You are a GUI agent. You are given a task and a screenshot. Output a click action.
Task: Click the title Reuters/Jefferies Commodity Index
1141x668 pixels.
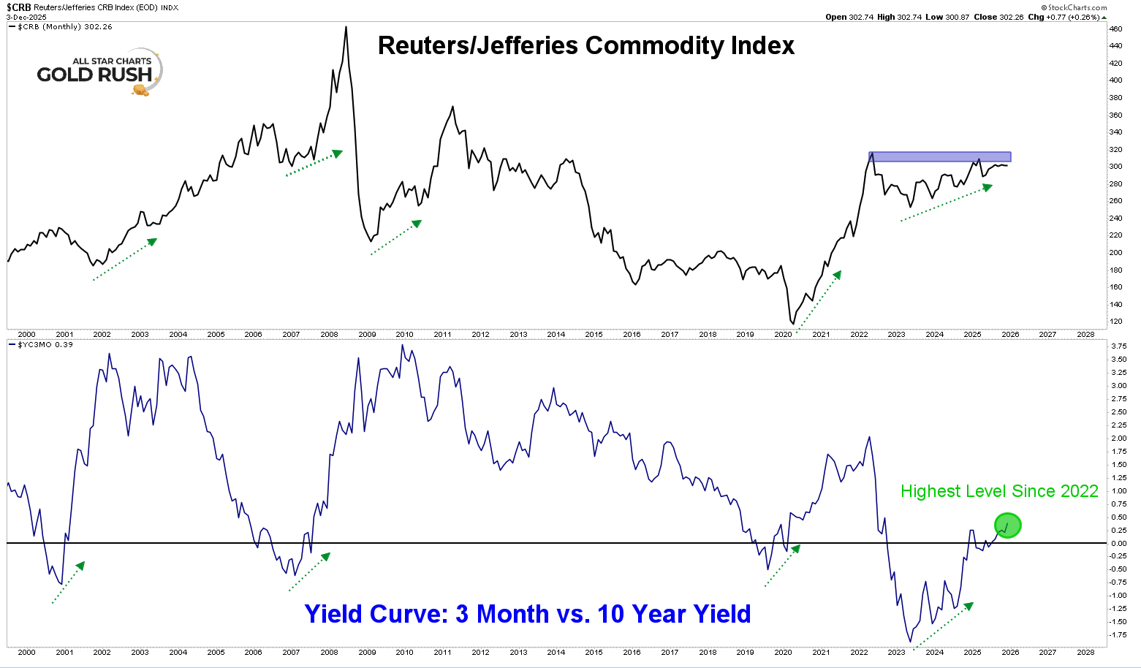(x=585, y=45)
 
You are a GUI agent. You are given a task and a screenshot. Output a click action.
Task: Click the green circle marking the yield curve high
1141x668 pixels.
(x=1007, y=525)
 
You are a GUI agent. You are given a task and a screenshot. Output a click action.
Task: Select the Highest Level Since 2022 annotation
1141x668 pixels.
(x=998, y=491)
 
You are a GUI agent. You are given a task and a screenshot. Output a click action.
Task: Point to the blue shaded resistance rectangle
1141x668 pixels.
(x=940, y=156)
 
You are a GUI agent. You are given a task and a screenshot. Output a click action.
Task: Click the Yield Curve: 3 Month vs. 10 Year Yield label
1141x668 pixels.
(x=527, y=614)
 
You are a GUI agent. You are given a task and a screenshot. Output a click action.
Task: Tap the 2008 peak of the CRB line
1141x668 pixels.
(x=346, y=27)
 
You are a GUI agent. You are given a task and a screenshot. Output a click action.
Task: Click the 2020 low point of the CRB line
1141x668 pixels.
(x=792, y=323)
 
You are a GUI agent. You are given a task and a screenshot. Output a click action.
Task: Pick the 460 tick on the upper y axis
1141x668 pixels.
(x=1115, y=29)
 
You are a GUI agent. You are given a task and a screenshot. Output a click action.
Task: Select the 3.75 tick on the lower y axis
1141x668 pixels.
(x=1118, y=346)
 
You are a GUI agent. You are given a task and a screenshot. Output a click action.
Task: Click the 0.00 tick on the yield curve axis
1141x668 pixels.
(x=1118, y=543)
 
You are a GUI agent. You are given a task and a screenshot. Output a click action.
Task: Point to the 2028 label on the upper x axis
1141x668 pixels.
(x=1085, y=335)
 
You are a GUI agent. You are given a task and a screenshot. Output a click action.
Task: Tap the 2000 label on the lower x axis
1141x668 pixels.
(x=26, y=653)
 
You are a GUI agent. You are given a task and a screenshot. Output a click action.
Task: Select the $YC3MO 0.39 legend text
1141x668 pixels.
(x=45, y=344)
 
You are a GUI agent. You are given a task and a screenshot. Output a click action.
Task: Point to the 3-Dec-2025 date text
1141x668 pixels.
(x=26, y=17)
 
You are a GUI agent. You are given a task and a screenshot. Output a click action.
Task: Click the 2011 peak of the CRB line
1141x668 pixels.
(x=453, y=107)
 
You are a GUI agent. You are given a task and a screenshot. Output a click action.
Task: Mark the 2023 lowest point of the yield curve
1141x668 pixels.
(x=910, y=642)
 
